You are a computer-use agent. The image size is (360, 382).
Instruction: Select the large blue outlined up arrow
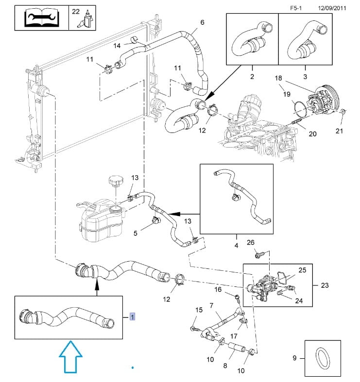coord(70,357)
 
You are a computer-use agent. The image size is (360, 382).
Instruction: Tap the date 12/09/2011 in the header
coord(332,8)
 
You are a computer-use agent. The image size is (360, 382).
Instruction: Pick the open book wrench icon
coord(41,18)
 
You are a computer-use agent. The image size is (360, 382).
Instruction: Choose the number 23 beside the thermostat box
coord(325,285)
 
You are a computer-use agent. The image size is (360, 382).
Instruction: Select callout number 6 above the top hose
coord(202,22)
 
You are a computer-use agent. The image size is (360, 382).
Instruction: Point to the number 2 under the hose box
coord(252,76)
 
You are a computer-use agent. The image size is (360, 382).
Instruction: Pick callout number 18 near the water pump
coord(278,78)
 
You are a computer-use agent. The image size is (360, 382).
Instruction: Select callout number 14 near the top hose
coord(117,46)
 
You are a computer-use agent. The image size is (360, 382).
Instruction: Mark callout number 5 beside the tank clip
coord(136,233)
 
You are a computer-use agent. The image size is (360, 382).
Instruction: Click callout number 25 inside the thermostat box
coord(302,269)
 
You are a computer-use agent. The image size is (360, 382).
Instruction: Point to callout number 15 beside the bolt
coord(199,310)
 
